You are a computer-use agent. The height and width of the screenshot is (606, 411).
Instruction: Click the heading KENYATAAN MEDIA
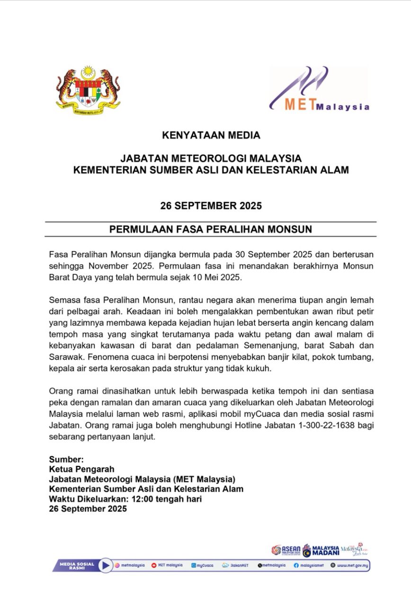coord(211,135)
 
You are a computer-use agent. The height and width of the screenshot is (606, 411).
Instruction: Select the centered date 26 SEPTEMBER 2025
coord(211,206)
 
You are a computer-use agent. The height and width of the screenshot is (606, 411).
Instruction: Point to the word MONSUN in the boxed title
coord(290,229)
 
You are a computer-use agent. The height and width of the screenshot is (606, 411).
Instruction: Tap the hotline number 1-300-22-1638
coord(304,426)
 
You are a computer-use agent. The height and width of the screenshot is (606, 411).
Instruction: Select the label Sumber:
coord(66,459)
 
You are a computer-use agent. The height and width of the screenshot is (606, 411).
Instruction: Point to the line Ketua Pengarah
coord(82,469)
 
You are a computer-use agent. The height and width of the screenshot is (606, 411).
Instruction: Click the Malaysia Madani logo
coord(321,550)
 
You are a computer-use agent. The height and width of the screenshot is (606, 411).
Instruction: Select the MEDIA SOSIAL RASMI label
coord(77,565)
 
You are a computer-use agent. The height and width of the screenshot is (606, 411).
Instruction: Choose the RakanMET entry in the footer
coord(235,565)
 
